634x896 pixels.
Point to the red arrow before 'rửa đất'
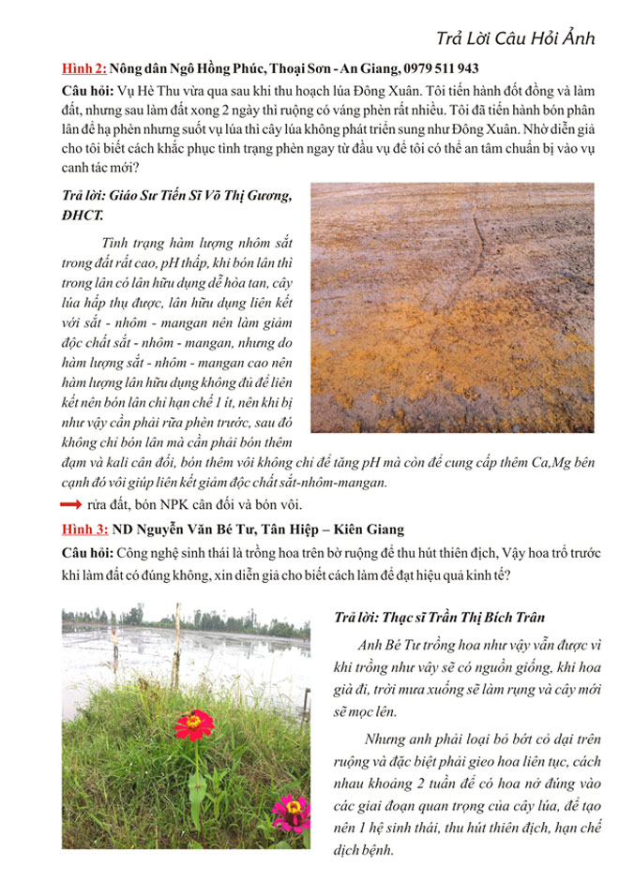pos(69,505)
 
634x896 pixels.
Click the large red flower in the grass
pos(194,723)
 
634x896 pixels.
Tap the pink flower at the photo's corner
pos(292,806)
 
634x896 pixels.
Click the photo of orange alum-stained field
pos(451,306)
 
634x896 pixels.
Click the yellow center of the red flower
pos(194,721)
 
